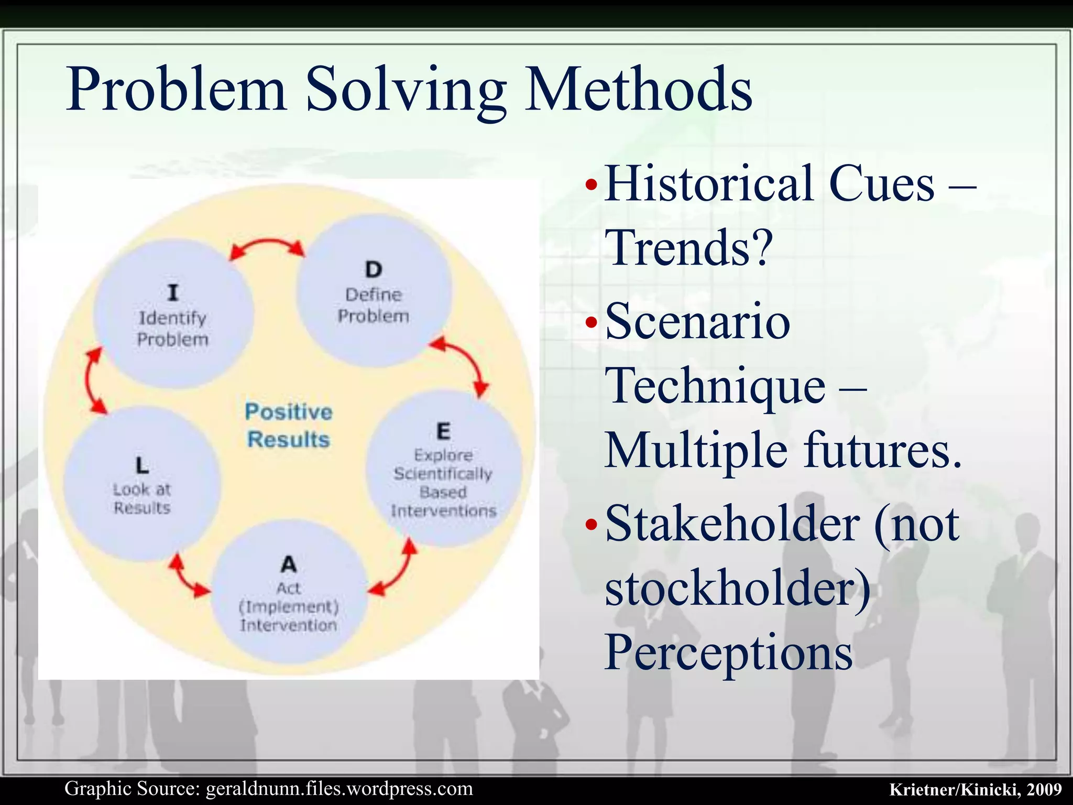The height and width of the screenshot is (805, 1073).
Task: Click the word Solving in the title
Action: [406, 89]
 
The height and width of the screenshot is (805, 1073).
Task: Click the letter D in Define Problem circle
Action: [374, 270]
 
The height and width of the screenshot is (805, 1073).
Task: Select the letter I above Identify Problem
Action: [173, 292]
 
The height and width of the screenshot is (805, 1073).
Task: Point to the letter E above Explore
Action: [443, 431]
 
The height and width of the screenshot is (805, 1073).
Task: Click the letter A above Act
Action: [289, 564]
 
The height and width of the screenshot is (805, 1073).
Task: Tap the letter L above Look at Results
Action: [142, 465]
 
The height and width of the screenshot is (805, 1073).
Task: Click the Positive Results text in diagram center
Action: [289, 426]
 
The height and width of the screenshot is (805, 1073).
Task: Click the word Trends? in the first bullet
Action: [688, 247]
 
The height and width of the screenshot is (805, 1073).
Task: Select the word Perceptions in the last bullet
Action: [728, 652]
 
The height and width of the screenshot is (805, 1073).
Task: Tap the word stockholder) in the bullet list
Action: [738, 588]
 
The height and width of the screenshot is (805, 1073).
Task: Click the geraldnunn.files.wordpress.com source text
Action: [339, 789]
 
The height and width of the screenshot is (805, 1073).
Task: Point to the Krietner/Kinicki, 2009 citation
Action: [975, 789]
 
